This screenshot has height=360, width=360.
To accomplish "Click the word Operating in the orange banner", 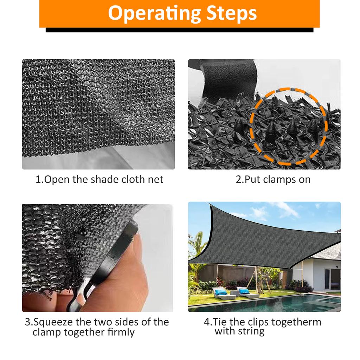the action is pyautogui.click(x=155, y=14).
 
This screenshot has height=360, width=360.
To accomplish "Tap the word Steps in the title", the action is pyautogui.click(x=231, y=13).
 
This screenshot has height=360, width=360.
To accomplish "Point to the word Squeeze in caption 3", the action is pyautogui.click(x=53, y=322).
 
